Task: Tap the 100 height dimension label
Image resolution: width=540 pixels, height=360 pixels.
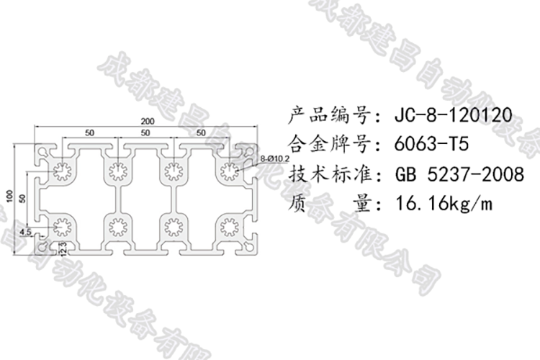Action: pyautogui.click(x=10, y=196)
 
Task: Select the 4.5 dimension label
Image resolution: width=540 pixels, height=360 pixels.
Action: pyautogui.click(x=25, y=232)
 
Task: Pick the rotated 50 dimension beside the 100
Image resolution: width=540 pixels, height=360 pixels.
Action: pyautogui.click(x=24, y=196)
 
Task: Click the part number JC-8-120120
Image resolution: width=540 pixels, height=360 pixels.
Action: pyautogui.click(x=453, y=114)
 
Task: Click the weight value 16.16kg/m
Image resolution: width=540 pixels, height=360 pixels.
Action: pyautogui.click(x=444, y=204)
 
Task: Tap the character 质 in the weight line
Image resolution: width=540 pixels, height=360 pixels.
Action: pyautogui.click(x=297, y=204)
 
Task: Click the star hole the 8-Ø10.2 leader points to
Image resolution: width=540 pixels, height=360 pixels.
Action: pyautogui.click(x=230, y=171)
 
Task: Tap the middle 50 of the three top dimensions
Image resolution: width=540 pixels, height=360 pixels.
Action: pyautogui.click(x=145, y=133)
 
